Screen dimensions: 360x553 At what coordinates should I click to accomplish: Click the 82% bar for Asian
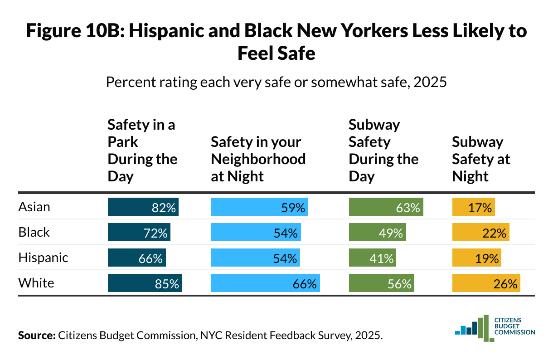(x=143, y=207)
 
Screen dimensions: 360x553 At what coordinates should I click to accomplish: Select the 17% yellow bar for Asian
(x=473, y=207)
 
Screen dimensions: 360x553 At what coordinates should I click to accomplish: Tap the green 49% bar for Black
(x=377, y=233)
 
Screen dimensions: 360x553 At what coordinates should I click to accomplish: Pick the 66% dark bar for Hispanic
(x=137, y=258)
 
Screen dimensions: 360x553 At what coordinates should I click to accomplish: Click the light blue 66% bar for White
(x=266, y=283)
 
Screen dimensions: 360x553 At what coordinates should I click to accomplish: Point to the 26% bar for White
(x=486, y=283)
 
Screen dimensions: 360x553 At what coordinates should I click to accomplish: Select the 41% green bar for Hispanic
(x=372, y=258)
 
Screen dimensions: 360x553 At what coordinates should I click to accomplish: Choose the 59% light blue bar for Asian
(x=260, y=207)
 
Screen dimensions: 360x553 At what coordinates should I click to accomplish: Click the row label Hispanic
(x=43, y=258)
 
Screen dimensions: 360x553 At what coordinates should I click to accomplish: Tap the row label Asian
(x=34, y=207)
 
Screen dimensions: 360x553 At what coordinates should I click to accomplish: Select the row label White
(x=36, y=283)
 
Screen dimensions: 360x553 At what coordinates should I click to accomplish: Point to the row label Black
(x=34, y=233)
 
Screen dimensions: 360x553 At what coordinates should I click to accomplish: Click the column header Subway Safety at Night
(x=481, y=159)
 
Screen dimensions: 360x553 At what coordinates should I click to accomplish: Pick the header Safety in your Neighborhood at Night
(x=258, y=159)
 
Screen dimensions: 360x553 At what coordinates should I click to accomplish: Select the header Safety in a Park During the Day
(x=142, y=151)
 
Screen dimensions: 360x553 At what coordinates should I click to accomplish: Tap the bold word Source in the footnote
(x=36, y=336)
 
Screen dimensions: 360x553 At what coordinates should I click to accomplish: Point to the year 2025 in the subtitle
(x=431, y=83)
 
